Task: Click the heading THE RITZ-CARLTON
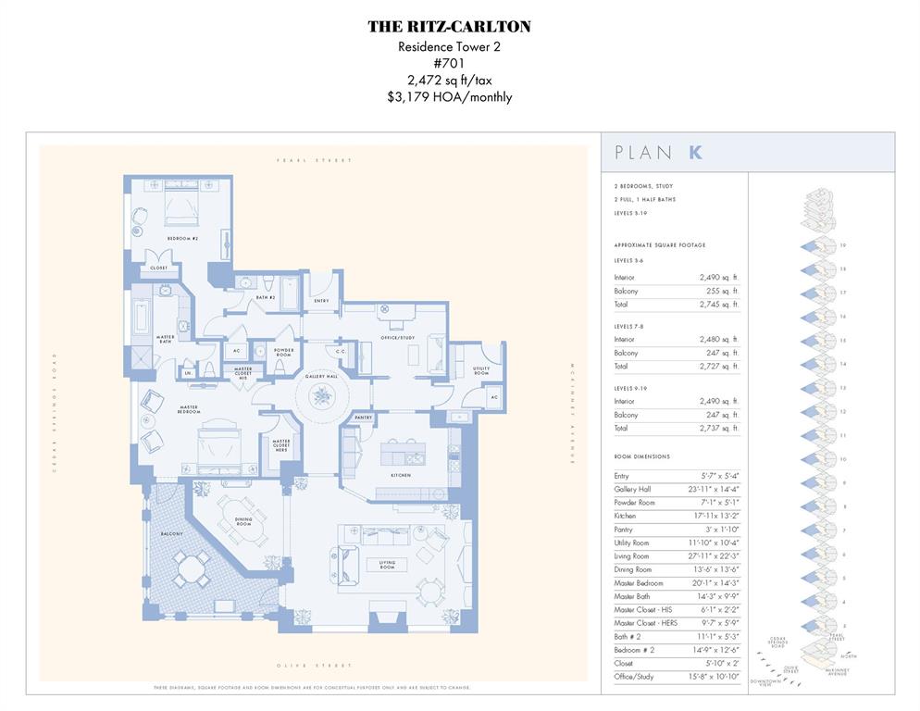(x=449, y=27)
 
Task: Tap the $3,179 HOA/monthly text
(x=449, y=96)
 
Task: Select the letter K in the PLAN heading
(x=695, y=153)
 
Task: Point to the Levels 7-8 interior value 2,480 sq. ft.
(x=719, y=339)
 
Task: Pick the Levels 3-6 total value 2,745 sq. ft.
(x=719, y=304)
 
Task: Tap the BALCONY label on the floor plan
(x=171, y=534)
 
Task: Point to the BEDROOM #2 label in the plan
(x=182, y=239)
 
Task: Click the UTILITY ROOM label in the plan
(x=481, y=370)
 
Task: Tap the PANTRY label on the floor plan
(x=363, y=418)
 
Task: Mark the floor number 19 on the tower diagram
(x=843, y=244)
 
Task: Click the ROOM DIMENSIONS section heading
(x=641, y=456)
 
